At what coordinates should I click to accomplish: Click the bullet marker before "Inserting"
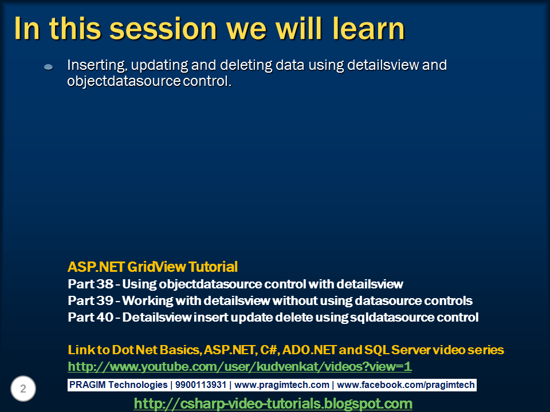[x=49, y=68]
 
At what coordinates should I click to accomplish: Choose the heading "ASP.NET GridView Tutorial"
[x=152, y=267]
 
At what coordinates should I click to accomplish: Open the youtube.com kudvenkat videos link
[x=239, y=366]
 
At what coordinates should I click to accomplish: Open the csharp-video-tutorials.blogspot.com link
[x=273, y=403]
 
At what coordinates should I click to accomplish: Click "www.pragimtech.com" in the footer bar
[x=282, y=385]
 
